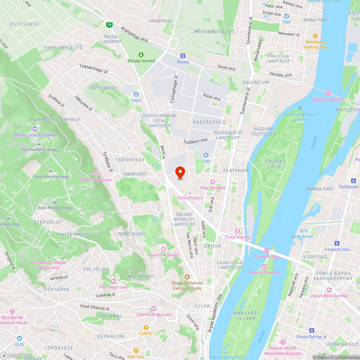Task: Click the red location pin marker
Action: pos(180,173)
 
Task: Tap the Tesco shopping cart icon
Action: pos(136,94)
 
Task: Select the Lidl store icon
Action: pos(206,155)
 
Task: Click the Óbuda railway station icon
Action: pos(183,55)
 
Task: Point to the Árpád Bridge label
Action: pos(267,256)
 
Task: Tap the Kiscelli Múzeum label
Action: pos(164,255)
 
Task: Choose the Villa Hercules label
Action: pos(213,188)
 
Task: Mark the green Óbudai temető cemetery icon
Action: pos(141,55)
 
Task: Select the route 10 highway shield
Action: pos(109,25)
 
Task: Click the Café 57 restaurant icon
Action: pos(146,327)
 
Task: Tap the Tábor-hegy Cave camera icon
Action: pos(95,174)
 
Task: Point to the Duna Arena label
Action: pos(302,237)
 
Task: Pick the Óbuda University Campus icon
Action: pos(187,277)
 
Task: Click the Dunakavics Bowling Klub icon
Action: pos(315,36)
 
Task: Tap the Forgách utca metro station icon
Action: pos(337,243)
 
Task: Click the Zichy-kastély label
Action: pos(237,237)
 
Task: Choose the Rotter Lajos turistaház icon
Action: pos(35,129)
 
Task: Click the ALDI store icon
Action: pos(19,338)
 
